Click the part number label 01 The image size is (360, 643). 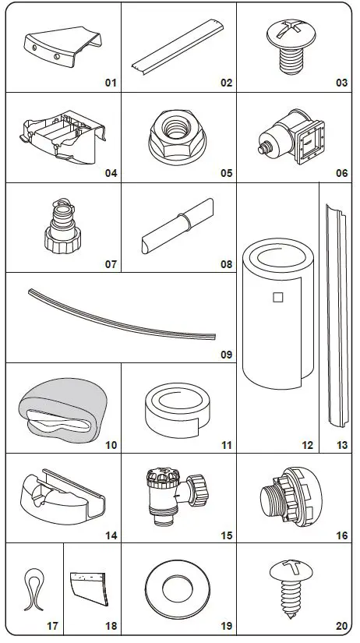pyautogui.click(x=110, y=83)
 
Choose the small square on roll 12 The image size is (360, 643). pyautogui.click(x=277, y=296)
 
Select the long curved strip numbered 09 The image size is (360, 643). pyautogui.click(x=121, y=316)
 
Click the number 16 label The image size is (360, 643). pyautogui.click(x=341, y=536)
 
